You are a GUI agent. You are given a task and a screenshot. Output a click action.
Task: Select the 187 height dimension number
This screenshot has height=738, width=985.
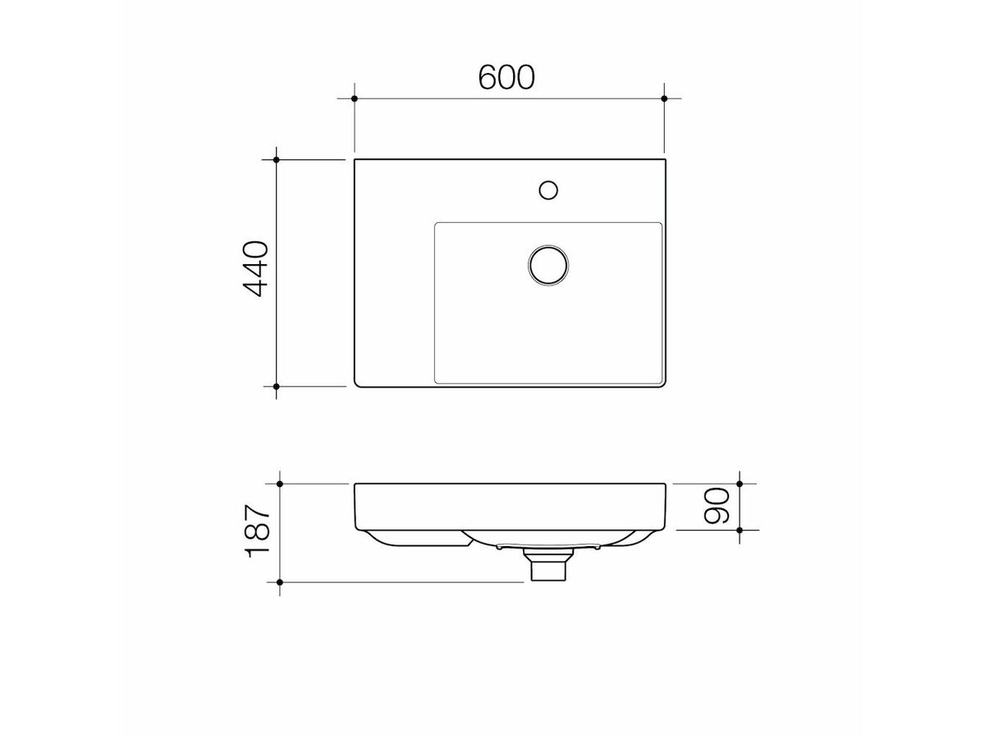click(x=257, y=532)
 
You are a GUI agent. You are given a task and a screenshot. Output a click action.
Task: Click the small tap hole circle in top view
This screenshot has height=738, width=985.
click(x=548, y=190)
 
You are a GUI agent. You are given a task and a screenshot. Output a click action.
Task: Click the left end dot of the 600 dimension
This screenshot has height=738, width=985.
click(x=354, y=98)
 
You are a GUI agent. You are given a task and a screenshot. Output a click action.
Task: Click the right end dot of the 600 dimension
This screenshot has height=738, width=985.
click(x=664, y=98)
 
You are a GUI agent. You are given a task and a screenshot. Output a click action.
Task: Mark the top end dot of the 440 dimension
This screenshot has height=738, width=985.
click(x=277, y=159)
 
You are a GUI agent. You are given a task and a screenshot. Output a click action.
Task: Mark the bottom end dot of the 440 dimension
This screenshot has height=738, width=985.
click(x=277, y=385)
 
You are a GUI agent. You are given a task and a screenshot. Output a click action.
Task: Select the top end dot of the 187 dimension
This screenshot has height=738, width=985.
click(x=280, y=485)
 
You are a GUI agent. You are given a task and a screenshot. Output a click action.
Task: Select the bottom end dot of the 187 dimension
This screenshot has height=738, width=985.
click(x=280, y=582)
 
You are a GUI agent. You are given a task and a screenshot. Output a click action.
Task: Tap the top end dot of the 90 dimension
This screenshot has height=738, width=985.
click(x=740, y=485)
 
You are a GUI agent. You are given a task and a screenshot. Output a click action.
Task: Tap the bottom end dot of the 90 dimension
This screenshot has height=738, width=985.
click(x=740, y=531)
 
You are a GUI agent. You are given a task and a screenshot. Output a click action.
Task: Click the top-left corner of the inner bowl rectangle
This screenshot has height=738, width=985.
click(x=435, y=223)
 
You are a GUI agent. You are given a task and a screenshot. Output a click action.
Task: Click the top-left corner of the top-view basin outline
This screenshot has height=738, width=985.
click(x=355, y=160)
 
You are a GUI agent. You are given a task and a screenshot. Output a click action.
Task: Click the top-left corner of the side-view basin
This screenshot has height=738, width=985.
click(x=355, y=485)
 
